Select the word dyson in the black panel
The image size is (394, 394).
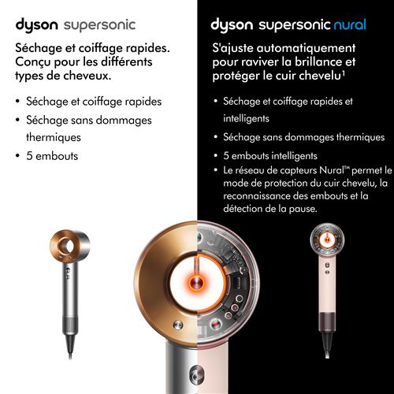click(236, 24)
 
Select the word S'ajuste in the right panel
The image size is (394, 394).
click(235, 49)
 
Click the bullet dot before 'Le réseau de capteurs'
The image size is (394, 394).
click(217, 171)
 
